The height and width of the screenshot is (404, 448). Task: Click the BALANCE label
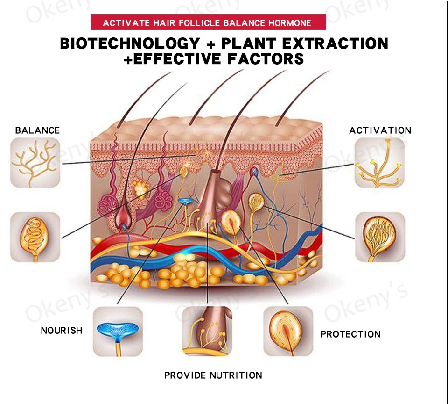coord(37,130)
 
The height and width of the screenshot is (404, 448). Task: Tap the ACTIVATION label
coord(380,130)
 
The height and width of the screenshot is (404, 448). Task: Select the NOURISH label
coord(62,331)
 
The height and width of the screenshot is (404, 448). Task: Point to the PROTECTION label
coord(350,334)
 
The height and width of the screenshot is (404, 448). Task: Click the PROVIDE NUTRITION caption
coord(213,375)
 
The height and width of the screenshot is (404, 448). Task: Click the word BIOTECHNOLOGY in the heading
coord(130,43)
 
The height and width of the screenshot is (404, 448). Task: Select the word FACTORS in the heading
coord(266,59)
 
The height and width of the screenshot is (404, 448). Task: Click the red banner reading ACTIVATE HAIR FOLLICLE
coord(207,22)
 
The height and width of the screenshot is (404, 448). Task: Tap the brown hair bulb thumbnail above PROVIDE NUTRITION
coord(207,331)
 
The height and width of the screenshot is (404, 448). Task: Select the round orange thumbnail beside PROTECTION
coord(288,331)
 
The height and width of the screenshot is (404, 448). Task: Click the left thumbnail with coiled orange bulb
coord(35,237)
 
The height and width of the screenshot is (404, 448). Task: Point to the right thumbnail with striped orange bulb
coord(379,237)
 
